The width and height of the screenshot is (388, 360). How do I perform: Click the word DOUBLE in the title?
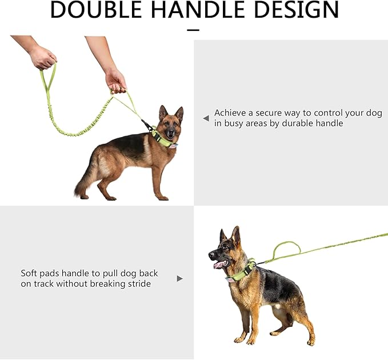tap(96, 9)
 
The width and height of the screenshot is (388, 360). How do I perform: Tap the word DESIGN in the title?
tap(297, 9)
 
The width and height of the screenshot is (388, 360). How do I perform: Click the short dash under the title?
tap(193, 30)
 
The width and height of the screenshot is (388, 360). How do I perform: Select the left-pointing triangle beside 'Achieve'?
tap(206, 118)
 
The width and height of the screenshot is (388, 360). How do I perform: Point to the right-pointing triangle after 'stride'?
tap(180, 279)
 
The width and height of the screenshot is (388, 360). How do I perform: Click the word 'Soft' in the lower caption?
tap(29, 273)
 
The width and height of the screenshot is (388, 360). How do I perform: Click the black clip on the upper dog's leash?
tap(147, 125)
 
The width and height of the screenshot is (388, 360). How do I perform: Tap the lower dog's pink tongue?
tap(220, 265)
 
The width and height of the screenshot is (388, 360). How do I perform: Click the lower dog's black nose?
tap(211, 254)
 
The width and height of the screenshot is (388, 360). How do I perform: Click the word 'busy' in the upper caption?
tap(234, 123)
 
